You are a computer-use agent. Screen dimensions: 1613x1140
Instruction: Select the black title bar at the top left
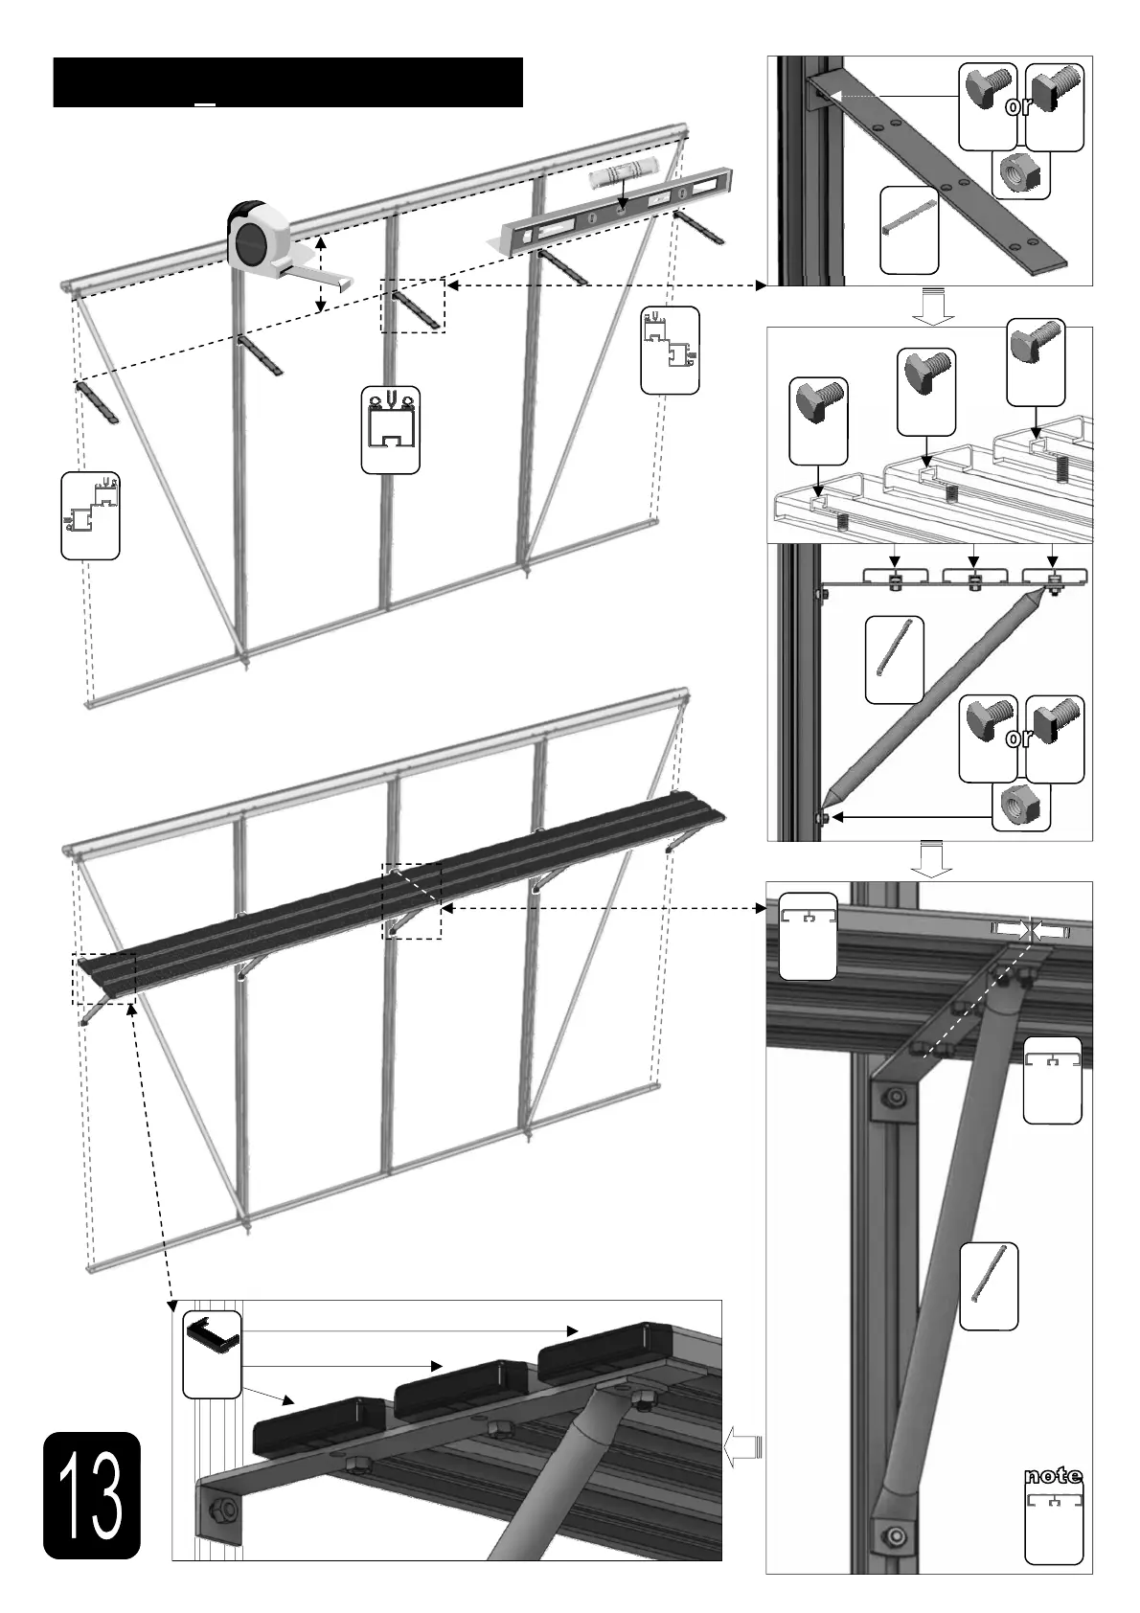[287, 82]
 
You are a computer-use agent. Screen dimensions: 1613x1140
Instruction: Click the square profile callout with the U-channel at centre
[390, 430]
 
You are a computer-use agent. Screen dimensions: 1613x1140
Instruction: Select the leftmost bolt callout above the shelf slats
[819, 420]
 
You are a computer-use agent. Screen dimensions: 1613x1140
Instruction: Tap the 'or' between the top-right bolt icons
[1020, 106]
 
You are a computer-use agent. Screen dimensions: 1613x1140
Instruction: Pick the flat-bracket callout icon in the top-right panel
[909, 230]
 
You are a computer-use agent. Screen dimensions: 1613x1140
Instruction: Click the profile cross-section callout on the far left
[90, 514]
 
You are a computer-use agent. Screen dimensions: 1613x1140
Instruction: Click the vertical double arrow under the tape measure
[321, 275]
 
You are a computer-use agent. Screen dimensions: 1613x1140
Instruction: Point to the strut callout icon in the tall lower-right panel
[988, 1286]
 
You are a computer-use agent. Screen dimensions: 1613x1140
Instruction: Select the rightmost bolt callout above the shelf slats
[1037, 361]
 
